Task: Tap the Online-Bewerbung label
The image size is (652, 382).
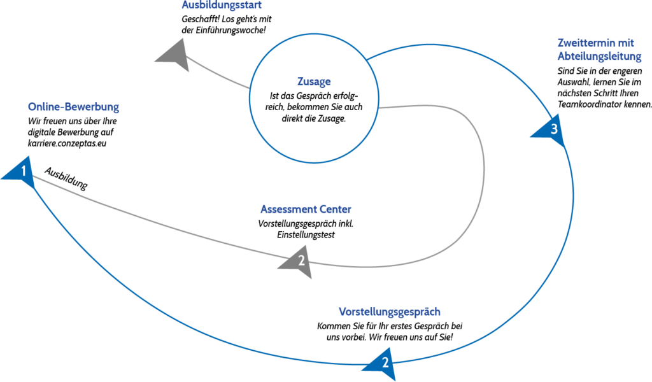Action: click(x=73, y=107)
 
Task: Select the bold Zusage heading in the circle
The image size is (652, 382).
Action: click(x=314, y=81)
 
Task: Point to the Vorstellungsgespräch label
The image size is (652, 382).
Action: click(x=389, y=312)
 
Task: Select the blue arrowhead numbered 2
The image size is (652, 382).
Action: click(x=383, y=364)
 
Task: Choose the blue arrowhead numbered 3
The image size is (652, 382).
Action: click(x=551, y=130)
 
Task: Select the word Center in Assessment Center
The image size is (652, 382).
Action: click(x=334, y=209)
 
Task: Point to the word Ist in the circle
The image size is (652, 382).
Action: click(x=274, y=96)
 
